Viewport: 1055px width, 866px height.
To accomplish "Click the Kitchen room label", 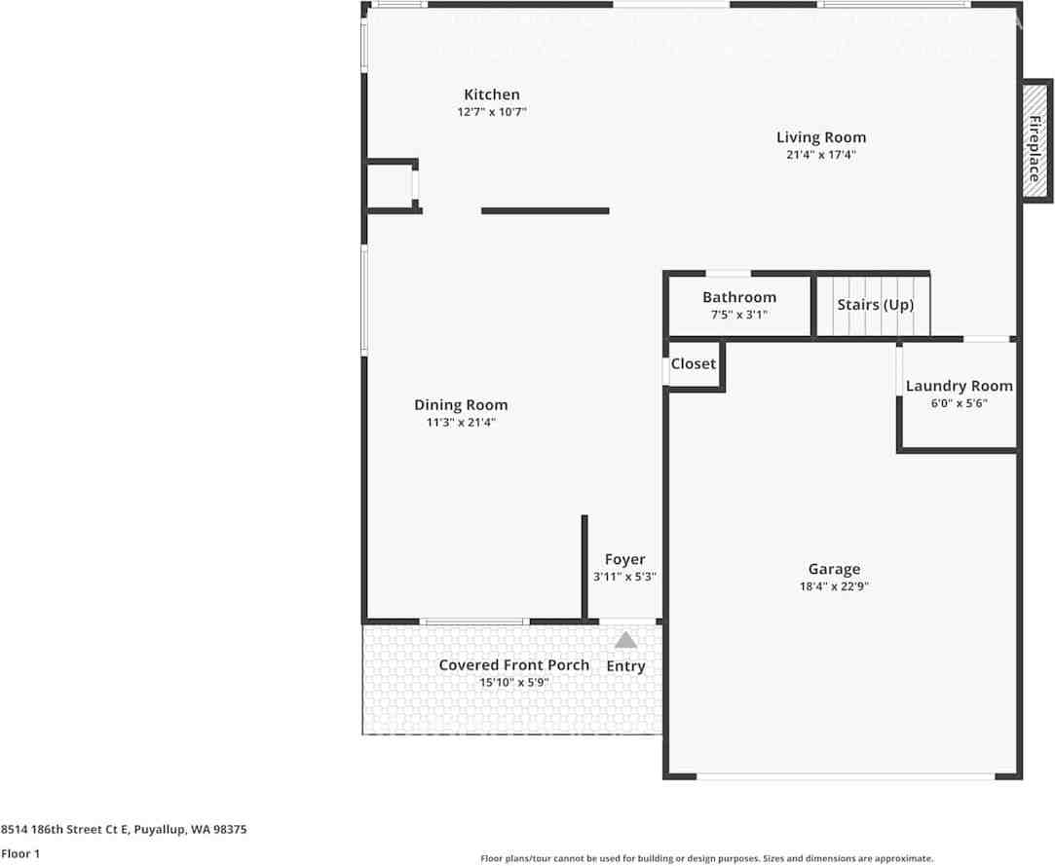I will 491,94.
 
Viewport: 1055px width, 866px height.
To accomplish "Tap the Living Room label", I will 820,137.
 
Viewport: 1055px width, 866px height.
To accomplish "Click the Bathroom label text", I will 739,297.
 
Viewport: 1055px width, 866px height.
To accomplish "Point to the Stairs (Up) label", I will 875,304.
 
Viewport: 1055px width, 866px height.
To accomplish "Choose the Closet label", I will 694,363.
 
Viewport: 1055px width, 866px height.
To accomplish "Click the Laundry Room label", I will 959,386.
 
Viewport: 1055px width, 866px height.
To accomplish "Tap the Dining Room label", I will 461,405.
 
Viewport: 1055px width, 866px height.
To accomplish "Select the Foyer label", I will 624,559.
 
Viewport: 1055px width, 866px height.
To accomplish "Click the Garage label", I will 834,569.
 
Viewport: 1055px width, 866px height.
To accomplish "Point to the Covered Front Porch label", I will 513,664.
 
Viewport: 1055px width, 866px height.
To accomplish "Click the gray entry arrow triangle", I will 625,640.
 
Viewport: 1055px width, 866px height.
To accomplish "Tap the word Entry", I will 625,666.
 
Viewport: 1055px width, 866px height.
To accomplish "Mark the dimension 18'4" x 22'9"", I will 834,586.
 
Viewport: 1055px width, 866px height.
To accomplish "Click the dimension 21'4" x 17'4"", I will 820,155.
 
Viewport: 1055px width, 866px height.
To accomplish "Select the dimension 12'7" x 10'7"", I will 491,112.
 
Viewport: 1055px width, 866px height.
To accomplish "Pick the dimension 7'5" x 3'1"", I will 739,315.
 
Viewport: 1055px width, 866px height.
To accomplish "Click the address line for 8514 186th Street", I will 124,829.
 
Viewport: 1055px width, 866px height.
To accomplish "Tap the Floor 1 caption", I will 20,853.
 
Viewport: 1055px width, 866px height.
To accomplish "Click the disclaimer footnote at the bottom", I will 706,858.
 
